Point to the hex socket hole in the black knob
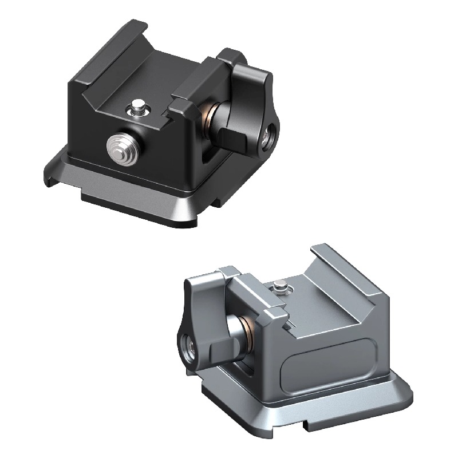[x=267, y=138]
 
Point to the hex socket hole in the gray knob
[x=188, y=346]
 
